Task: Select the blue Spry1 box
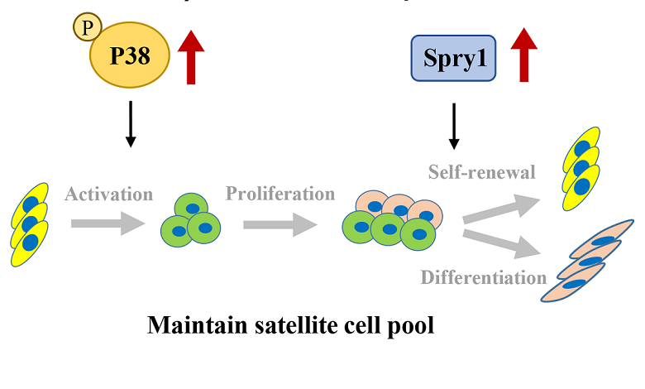pos(453,58)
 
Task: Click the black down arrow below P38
pos(129,125)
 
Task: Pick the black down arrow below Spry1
pos(453,125)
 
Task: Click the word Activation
pos(109,194)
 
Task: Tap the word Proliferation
pos(280,194)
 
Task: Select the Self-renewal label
pos(482,172)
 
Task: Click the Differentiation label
pos(484,276)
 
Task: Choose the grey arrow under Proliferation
pos(280,224)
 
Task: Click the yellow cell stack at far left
pos(30,223)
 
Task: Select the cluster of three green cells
pos(192,219)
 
